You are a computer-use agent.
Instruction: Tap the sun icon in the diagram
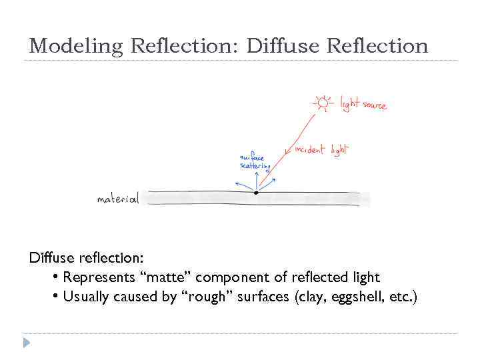[323, 102]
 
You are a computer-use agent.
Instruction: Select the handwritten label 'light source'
[363, 104]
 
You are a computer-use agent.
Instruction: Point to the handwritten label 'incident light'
[321, 149]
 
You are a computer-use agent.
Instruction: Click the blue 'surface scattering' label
[253, 162]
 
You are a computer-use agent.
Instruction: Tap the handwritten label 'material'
[118, 199]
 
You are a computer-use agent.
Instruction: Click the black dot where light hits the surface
[256, 193]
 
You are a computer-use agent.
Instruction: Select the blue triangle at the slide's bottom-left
[27, 343]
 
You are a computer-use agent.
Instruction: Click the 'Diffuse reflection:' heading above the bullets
[87, 257]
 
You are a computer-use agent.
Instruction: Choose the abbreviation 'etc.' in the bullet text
[402, 297]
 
